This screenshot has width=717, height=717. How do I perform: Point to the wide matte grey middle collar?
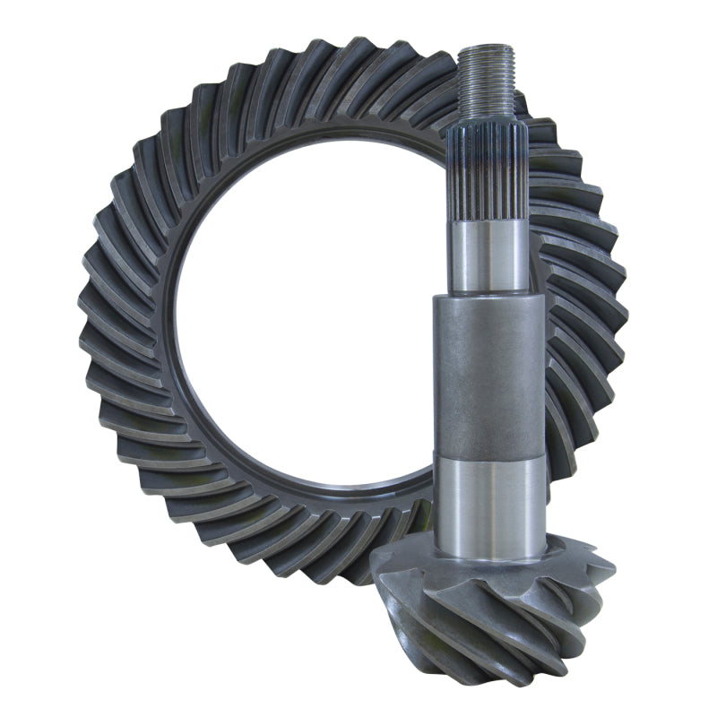(489, 376)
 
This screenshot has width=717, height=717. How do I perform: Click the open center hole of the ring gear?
(305, 314)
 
